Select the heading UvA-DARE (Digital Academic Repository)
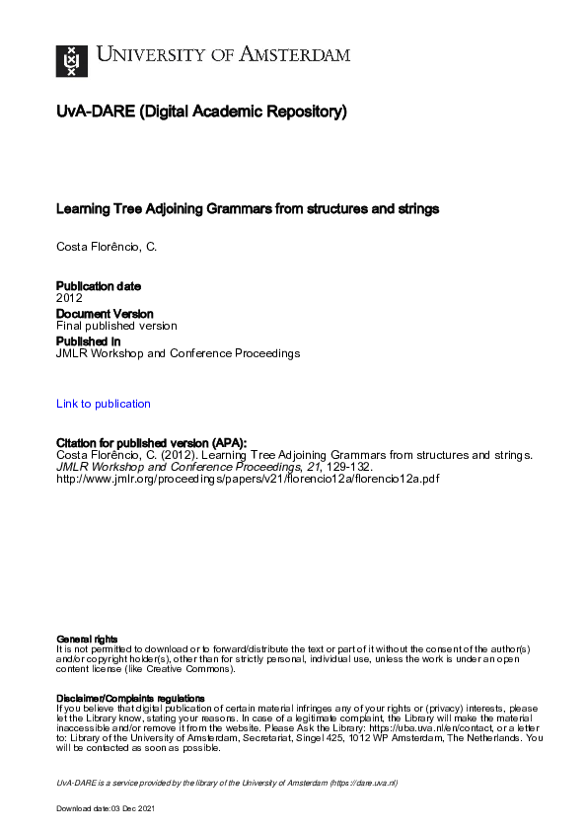(x=201, y=113)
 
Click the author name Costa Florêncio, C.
(x=107, y=246)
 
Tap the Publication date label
(x=99, y=286)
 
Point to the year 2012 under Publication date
(x=69, y=297)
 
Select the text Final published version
(x=116, y=326)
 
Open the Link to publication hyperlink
(x=104, y=404)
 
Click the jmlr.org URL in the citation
(x=248, y=479)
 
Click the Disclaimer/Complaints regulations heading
(x=130, y=699)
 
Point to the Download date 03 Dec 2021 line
(x=106, y=808)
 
